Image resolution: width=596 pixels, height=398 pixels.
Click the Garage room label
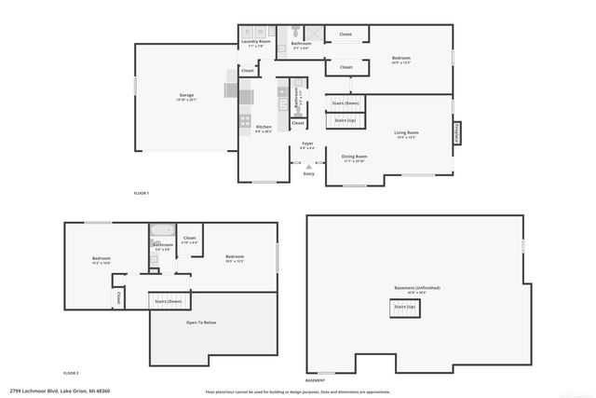[x=187, y=95]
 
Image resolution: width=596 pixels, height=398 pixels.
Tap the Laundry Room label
[x=255, y=42]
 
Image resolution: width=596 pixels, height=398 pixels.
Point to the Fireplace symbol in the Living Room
[x=457, y=132]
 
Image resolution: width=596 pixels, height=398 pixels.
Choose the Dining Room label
[x=355, y=157]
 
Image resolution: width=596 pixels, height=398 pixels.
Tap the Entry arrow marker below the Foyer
[x=308, y=166]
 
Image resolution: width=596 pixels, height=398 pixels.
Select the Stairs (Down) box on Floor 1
[x=344, y=103]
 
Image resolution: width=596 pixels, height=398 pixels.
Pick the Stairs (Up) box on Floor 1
[x=344, y=120]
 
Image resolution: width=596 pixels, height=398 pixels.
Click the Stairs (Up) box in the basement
[x=404, y=307]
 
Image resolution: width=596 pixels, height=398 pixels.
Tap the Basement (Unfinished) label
[x=415, y=288]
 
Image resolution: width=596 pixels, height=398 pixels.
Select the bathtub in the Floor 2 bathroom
[x=163, y=229]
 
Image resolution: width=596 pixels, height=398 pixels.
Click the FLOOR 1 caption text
[x=142, y=192]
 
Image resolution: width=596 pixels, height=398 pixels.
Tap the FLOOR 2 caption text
[x=71, y=372]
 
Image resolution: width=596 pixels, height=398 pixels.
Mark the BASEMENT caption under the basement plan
[x=316, y=380]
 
